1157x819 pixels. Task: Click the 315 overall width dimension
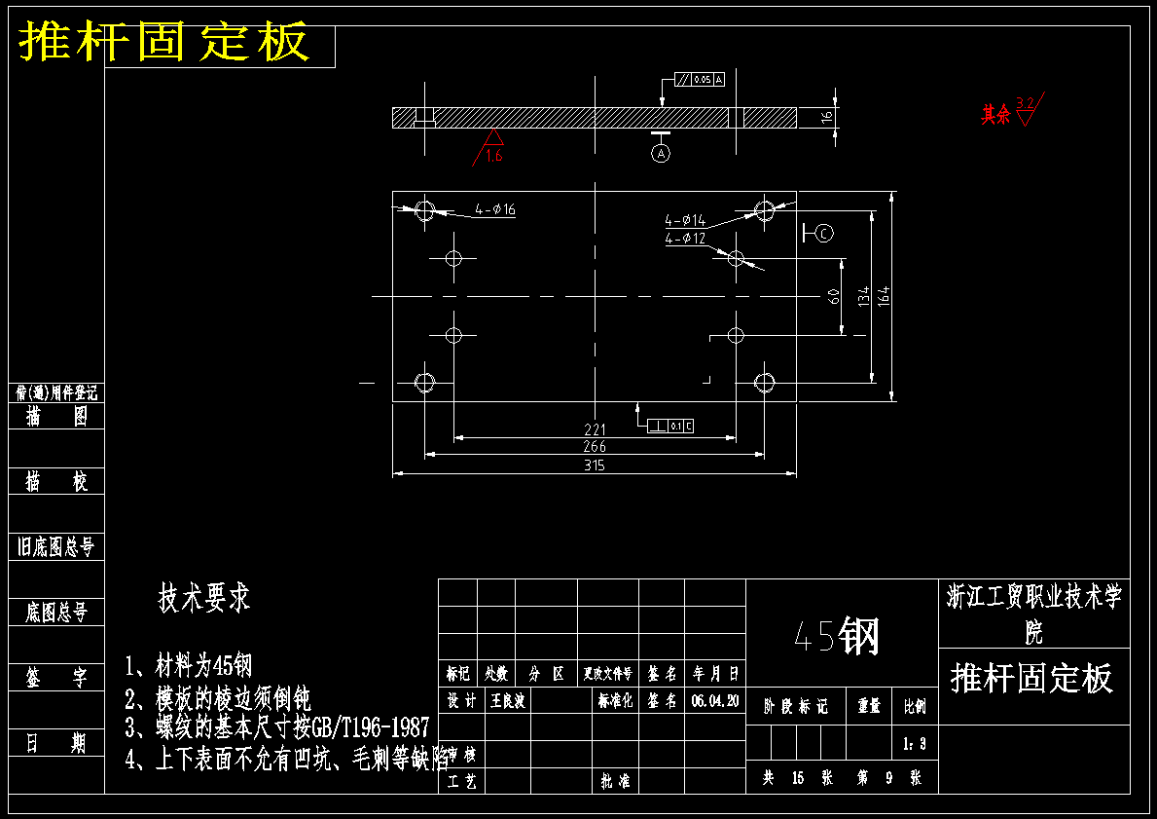tap(595, 465)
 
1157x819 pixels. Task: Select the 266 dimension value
tap(595, 447)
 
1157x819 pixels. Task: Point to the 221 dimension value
tap(595, 429)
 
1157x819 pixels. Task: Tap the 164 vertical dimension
tap(884, 295)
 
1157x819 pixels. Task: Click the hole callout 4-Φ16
tap(495, 209)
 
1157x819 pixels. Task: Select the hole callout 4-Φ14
tap(685, 221)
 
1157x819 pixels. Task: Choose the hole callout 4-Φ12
tap(685, 239)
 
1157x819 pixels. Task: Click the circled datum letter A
tap(662, 154)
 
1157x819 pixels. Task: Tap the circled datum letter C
tap(824, 233)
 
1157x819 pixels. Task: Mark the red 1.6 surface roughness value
tap(494, 156)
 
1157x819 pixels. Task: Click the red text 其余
tap(994, 115)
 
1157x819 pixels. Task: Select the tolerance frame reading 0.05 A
tap(700, 79)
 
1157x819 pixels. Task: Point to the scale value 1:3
tap(915, 744)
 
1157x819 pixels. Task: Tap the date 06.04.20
tap(715, 700)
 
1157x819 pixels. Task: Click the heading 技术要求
tap(204, 598)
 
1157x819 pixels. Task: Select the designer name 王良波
tap(508, 700)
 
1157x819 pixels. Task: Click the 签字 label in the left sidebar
tap(56, 679)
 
